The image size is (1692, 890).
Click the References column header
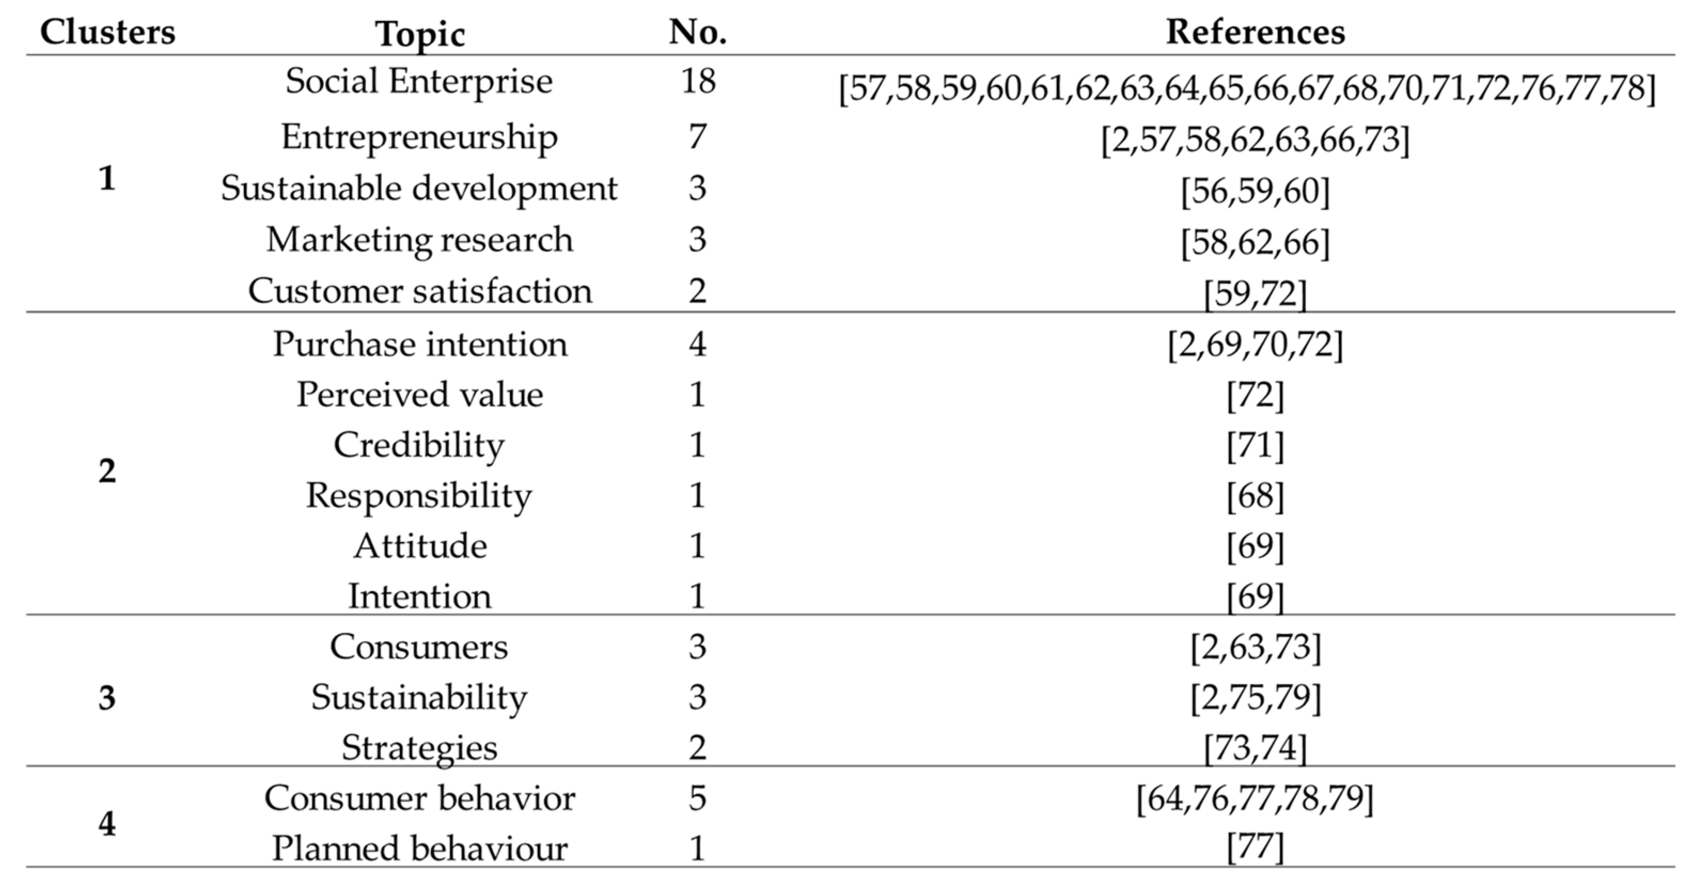(1255, 31)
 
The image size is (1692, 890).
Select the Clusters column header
(108, 31)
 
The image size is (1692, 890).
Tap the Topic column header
(420, 34)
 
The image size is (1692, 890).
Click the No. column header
(698, 31)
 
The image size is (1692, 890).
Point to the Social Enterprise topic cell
(419, 82)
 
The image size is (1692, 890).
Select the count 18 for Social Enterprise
(698, 82)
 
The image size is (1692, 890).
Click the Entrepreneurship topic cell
(419, 138)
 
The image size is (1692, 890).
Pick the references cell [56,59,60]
(1255, 191)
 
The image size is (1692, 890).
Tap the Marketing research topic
(419, 240)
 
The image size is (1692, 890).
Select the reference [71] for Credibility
(1255, 446)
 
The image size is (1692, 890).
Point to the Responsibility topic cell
(419, 496)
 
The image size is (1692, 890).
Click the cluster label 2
(107, 471)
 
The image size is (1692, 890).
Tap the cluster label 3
(107, 698)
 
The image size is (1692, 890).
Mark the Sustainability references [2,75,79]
(1255, 698)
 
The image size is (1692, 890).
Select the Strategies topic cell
(419, 748)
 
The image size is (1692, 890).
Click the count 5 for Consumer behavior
(698, 798)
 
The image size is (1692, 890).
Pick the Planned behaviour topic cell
(419, 848)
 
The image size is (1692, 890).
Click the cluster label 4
(107, 824)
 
